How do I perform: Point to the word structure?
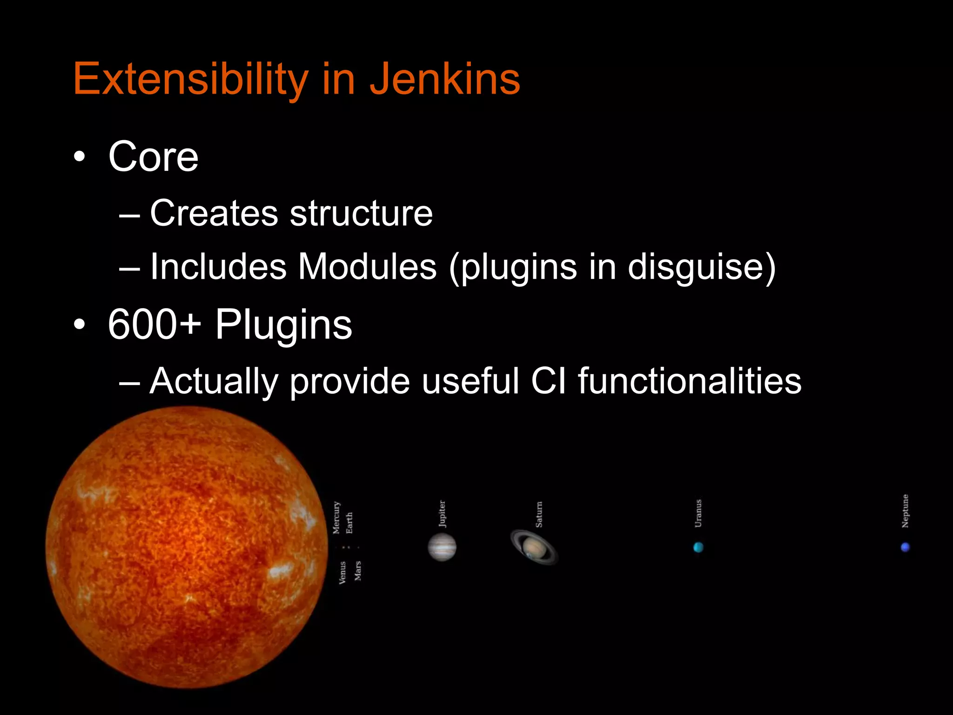click(x=361, y=213)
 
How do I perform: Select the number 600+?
click(x=154, y=324)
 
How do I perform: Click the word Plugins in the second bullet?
click(x=283, y=324)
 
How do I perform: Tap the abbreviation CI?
click(x=549, y=381)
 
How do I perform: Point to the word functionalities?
click(x=690, y=381)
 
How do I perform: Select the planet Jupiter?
click(x=442, y=547)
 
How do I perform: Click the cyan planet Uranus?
click(x=698, y=547)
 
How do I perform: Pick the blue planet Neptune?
click(x=905, y=547)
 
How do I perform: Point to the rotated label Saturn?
click(x=539, y=514)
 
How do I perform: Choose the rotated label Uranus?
click(x=698, y=513)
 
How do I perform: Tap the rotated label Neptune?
click(x=905, y=511)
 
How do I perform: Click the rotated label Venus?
click(x=342, y=573)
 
